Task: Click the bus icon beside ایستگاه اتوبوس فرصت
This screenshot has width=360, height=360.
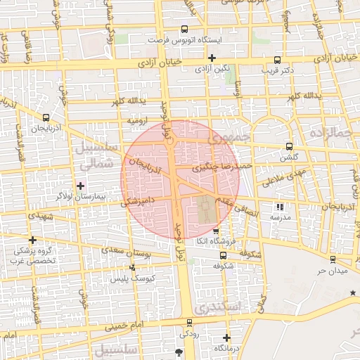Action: point(184,29)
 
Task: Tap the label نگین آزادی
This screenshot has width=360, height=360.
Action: point(211,69)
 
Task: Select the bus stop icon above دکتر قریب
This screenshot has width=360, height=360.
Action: point(277,60)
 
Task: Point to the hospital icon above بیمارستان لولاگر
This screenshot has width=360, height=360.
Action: point(80,186)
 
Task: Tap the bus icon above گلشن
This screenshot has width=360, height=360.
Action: point(290,147)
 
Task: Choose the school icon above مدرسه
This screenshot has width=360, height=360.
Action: point(281,207)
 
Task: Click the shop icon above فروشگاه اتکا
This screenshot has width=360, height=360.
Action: point(216,231)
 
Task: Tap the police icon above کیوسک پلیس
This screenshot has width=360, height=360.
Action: point(133,267)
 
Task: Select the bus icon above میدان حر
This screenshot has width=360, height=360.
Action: point(332,259)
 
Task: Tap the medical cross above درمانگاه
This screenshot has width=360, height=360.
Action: point(226,337)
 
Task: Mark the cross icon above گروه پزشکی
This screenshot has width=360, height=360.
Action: point(32,240)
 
